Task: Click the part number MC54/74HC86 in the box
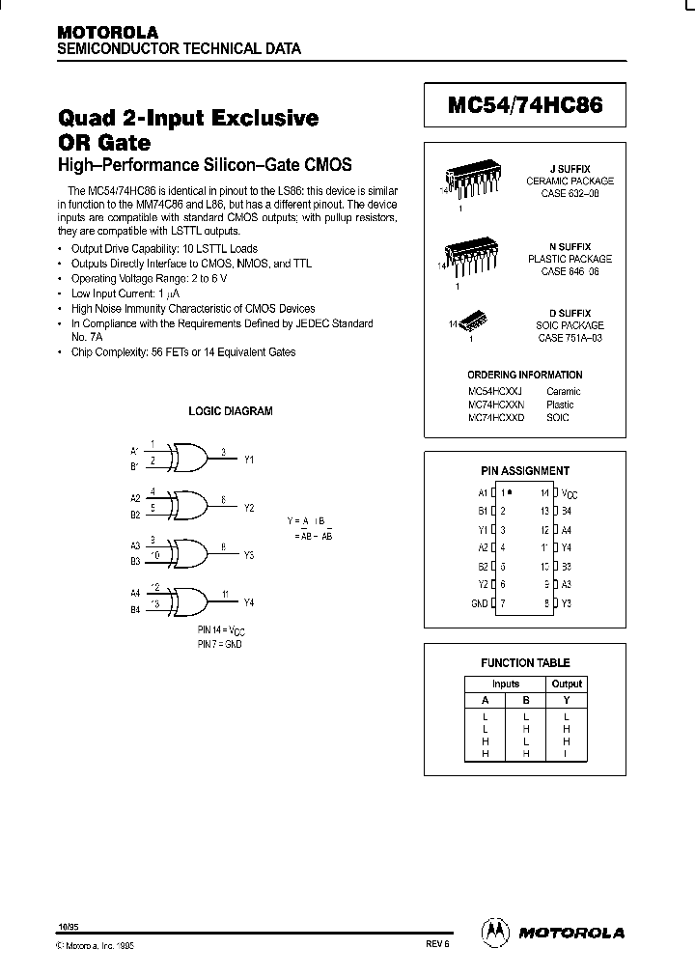[x=525, y=106]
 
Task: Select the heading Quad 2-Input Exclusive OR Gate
[x=188, y=129]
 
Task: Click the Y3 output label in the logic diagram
[x=248, y=555]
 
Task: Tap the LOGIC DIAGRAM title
[x=230, y=411]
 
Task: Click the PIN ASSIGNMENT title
[x=525, y=470]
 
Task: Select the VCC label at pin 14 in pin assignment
[x=570, y=492]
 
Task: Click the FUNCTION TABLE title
[x=525, y=662]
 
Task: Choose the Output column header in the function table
[x=567, y=684]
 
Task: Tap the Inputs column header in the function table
[x=505, y=684]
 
